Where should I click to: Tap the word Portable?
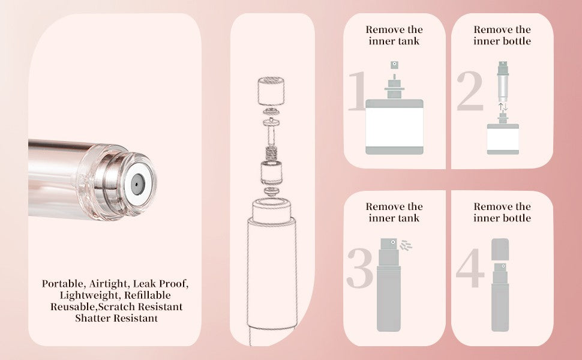coord(63,283)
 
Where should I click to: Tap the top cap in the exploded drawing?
coord(272,91)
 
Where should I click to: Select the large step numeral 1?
coord(356,91)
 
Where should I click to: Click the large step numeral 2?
coord(470,91)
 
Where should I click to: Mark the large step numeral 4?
coord(470,268)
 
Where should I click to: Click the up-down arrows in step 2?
coord(503,107)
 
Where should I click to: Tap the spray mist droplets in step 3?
coord(407,245)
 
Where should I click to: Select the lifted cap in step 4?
coord(500,248)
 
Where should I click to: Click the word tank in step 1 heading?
coord(411,41)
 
